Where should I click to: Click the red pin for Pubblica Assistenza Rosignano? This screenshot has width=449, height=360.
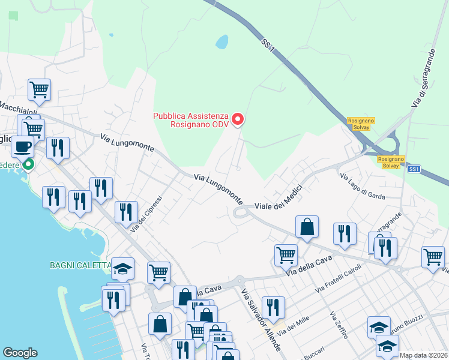pos(238,119)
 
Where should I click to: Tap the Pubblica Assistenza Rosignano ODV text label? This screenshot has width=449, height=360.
pos(190,120)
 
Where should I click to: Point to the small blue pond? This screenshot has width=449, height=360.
pos(222,41)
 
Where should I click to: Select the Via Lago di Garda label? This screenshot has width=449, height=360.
pos(362,186)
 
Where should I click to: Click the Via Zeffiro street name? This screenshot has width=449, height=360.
pos(339,325)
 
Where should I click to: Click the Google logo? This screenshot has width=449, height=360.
pos(20,353)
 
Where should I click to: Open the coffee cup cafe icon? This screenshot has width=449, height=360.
pos(23,146)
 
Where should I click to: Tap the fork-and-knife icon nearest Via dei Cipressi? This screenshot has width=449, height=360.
pos(126,211)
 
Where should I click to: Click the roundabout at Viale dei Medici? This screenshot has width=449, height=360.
pos(242,211)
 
